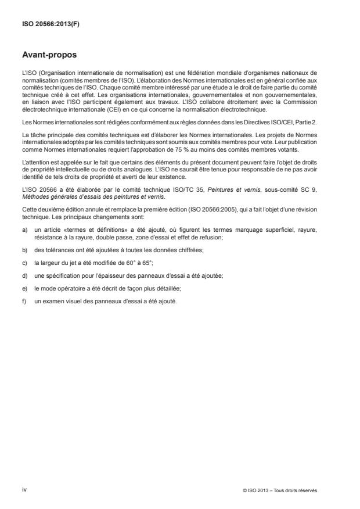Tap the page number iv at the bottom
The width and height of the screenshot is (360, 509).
(x=25, y=489)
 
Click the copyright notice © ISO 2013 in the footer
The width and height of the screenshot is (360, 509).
(x=280, y=490)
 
